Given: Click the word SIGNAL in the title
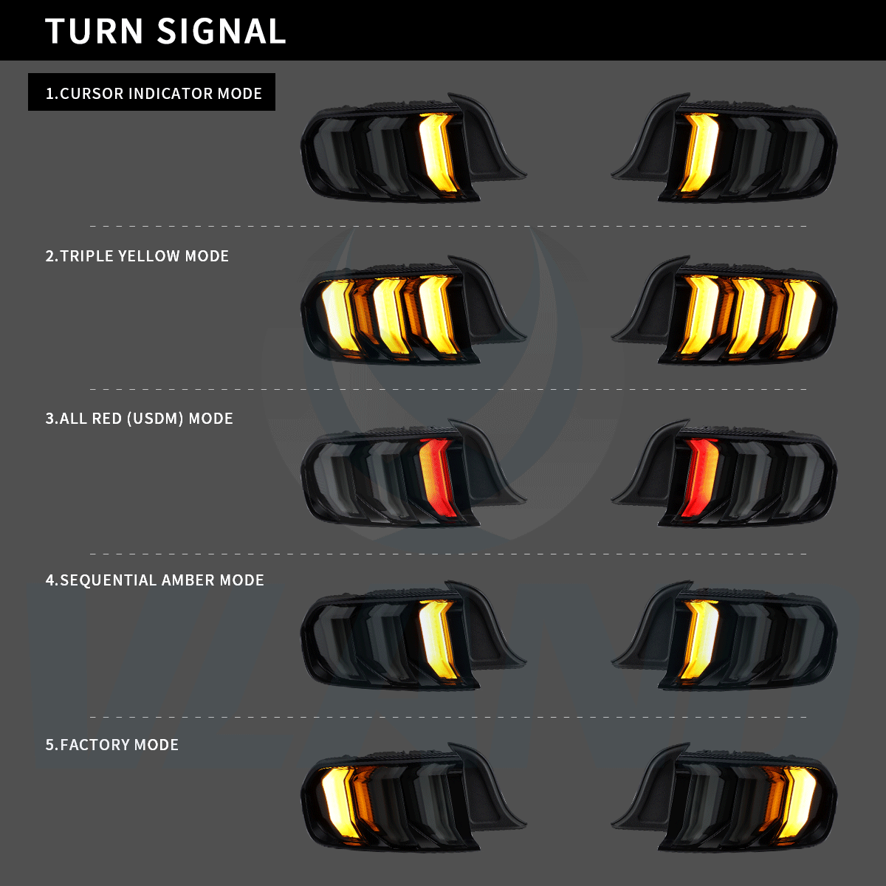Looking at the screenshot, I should (221, 31).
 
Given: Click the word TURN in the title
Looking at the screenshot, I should (94, 31).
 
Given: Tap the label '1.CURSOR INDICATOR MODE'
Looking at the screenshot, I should (153, 94).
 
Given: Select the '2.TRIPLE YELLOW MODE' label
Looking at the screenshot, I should (137, 256).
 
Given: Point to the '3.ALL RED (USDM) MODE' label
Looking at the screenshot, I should (139, 419).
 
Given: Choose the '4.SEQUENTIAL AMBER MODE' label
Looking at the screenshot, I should (154, 580).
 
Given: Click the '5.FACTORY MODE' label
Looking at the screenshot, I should (111, 744).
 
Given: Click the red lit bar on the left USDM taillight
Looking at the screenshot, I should (436, 476).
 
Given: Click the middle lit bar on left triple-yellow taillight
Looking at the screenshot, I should (389, 315).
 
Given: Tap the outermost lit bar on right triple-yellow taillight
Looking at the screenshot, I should (798, 315).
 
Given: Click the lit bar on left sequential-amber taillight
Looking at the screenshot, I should (437, 639).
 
